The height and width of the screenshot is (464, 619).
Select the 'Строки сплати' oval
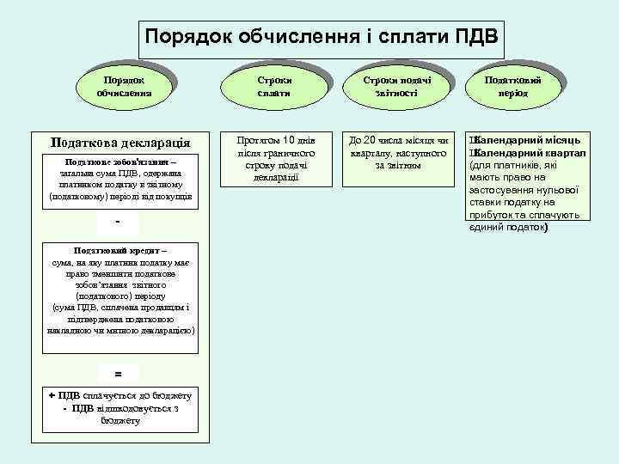pyautogui.click(x=273, y=85)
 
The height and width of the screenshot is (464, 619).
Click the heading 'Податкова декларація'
pyautogui.click(x=121, y=142)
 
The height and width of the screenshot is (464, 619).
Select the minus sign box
pyautogui.click(x=119, y=223)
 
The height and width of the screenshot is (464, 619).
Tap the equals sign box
pyautogui.click(x=119, y=373)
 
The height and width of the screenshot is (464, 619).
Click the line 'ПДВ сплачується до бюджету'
pyautogui.click(x=119, y=395)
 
